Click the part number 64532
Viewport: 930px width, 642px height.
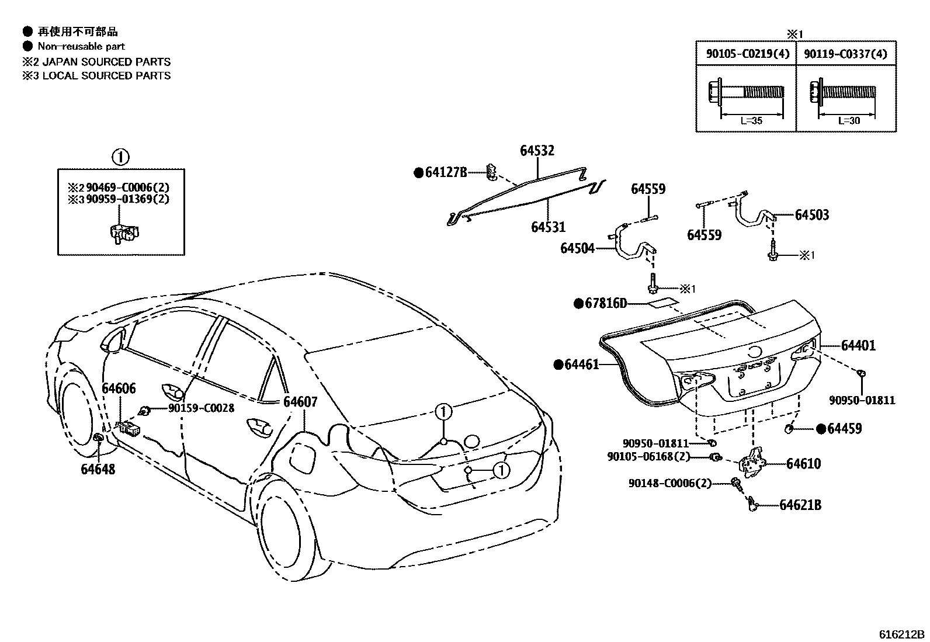coord(537,151)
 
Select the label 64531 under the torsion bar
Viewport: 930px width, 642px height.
coord(548,227)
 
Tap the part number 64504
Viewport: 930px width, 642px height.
coord(577,248)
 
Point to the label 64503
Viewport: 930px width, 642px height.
coord(811,215)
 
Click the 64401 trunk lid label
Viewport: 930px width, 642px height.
coord(858,346)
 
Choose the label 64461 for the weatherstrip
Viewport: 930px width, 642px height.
coord(581,365)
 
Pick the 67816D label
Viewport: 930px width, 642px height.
coord(605,303)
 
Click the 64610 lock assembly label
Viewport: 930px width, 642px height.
coord(803,464)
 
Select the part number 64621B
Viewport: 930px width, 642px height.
coord(800,505)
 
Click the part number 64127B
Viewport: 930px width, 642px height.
coord(446,172)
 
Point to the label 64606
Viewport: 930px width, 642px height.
coord(119,388)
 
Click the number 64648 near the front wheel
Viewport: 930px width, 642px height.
coord(98,469)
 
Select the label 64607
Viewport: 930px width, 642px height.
coord(300,402)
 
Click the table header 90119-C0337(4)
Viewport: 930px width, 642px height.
coord(845,54)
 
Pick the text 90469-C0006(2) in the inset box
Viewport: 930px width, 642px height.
coord(127,188)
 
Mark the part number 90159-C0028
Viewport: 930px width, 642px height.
coord(201,408)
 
